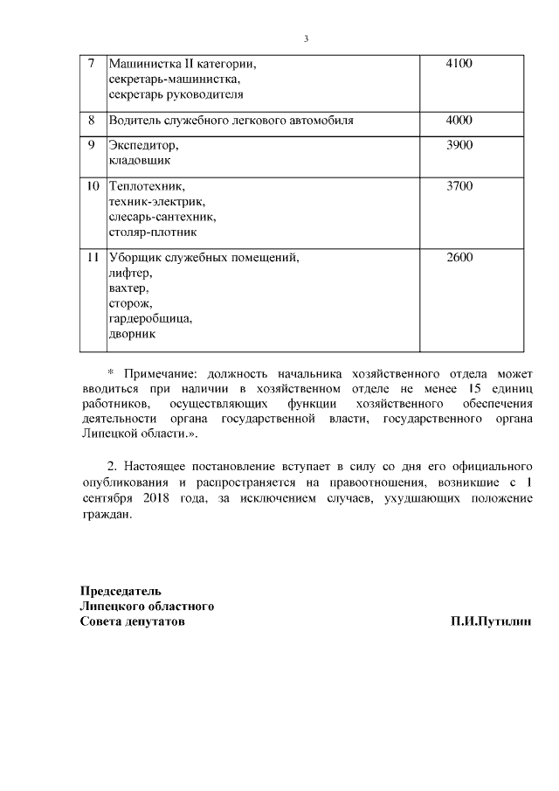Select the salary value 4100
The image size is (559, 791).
[x=459, y=64]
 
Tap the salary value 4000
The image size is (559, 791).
[x=459, y=120]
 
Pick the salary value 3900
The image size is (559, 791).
[x=459, y=145]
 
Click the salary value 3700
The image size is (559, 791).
[x=459, y=186]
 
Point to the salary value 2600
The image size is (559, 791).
[x=459, y=258]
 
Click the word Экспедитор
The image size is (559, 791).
[x=142, y=146]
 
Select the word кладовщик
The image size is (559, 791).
[x=140, y=161]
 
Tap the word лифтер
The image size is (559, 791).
[x=130, y=274]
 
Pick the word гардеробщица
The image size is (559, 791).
[x=149, y=319]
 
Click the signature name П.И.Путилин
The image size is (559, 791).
[x=491, y=621]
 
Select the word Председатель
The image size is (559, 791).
[x=121, y=592]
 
